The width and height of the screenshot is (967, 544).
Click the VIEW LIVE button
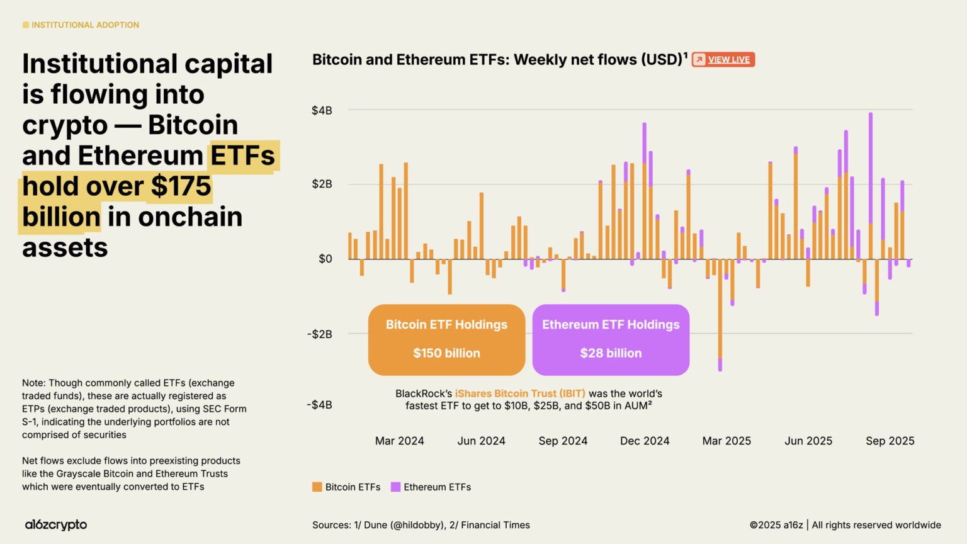723,60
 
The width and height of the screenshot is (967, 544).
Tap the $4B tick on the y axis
322,111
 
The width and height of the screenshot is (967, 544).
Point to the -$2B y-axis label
319,334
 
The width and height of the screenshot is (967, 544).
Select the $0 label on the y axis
325,259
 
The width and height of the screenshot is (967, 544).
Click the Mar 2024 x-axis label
399,441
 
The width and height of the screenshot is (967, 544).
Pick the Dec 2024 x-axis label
645,441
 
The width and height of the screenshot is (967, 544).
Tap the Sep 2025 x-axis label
890,441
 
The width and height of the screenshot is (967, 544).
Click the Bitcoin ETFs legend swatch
317,487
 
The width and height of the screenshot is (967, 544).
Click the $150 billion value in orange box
446,353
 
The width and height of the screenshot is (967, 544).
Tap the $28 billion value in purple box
611,353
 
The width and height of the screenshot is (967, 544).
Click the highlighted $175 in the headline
181,186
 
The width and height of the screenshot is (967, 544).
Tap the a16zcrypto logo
56,524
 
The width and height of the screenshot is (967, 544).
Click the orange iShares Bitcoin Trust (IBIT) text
520,394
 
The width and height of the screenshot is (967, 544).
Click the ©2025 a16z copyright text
776,525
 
